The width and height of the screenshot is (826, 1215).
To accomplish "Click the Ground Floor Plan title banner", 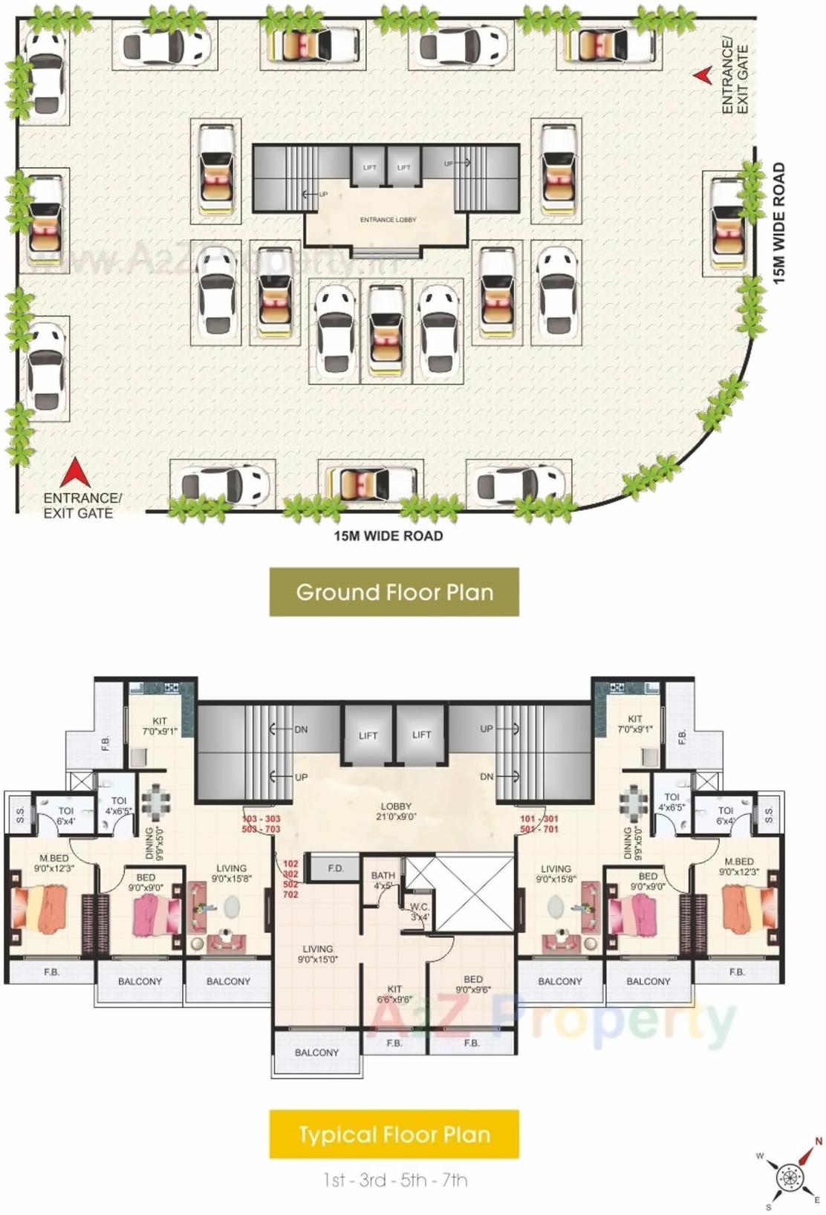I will point(394,592).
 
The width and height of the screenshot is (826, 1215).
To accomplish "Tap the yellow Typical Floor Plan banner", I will point(394,1134).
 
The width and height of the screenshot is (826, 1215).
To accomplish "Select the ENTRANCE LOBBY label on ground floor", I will point(388,220).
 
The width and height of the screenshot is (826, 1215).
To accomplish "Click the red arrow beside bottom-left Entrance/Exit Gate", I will point(74,472).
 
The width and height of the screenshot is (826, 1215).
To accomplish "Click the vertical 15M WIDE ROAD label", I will point(778,223).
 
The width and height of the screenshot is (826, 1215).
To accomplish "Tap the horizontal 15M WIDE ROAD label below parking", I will point(388,535).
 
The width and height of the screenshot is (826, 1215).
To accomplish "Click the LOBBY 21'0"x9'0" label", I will point(396,811).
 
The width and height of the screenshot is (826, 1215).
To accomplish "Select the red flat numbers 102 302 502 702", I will point(290,879).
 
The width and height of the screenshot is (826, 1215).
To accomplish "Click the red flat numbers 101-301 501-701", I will point(539,824).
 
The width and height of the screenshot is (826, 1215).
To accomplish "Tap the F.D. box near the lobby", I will point(335,868).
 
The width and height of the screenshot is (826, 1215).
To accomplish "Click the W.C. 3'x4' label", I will point(420,911).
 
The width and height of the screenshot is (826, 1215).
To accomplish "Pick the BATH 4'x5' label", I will point(383,880).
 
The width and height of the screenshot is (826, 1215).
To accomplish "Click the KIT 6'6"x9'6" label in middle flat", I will point(394,994).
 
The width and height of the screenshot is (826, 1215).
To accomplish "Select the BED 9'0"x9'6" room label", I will point(473,984).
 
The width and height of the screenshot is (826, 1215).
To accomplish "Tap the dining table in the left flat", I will point(156,801).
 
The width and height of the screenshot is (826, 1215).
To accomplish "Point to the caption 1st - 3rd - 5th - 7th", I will point(394,1179).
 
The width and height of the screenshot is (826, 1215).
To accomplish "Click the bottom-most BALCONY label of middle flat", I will point(316,1052).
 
